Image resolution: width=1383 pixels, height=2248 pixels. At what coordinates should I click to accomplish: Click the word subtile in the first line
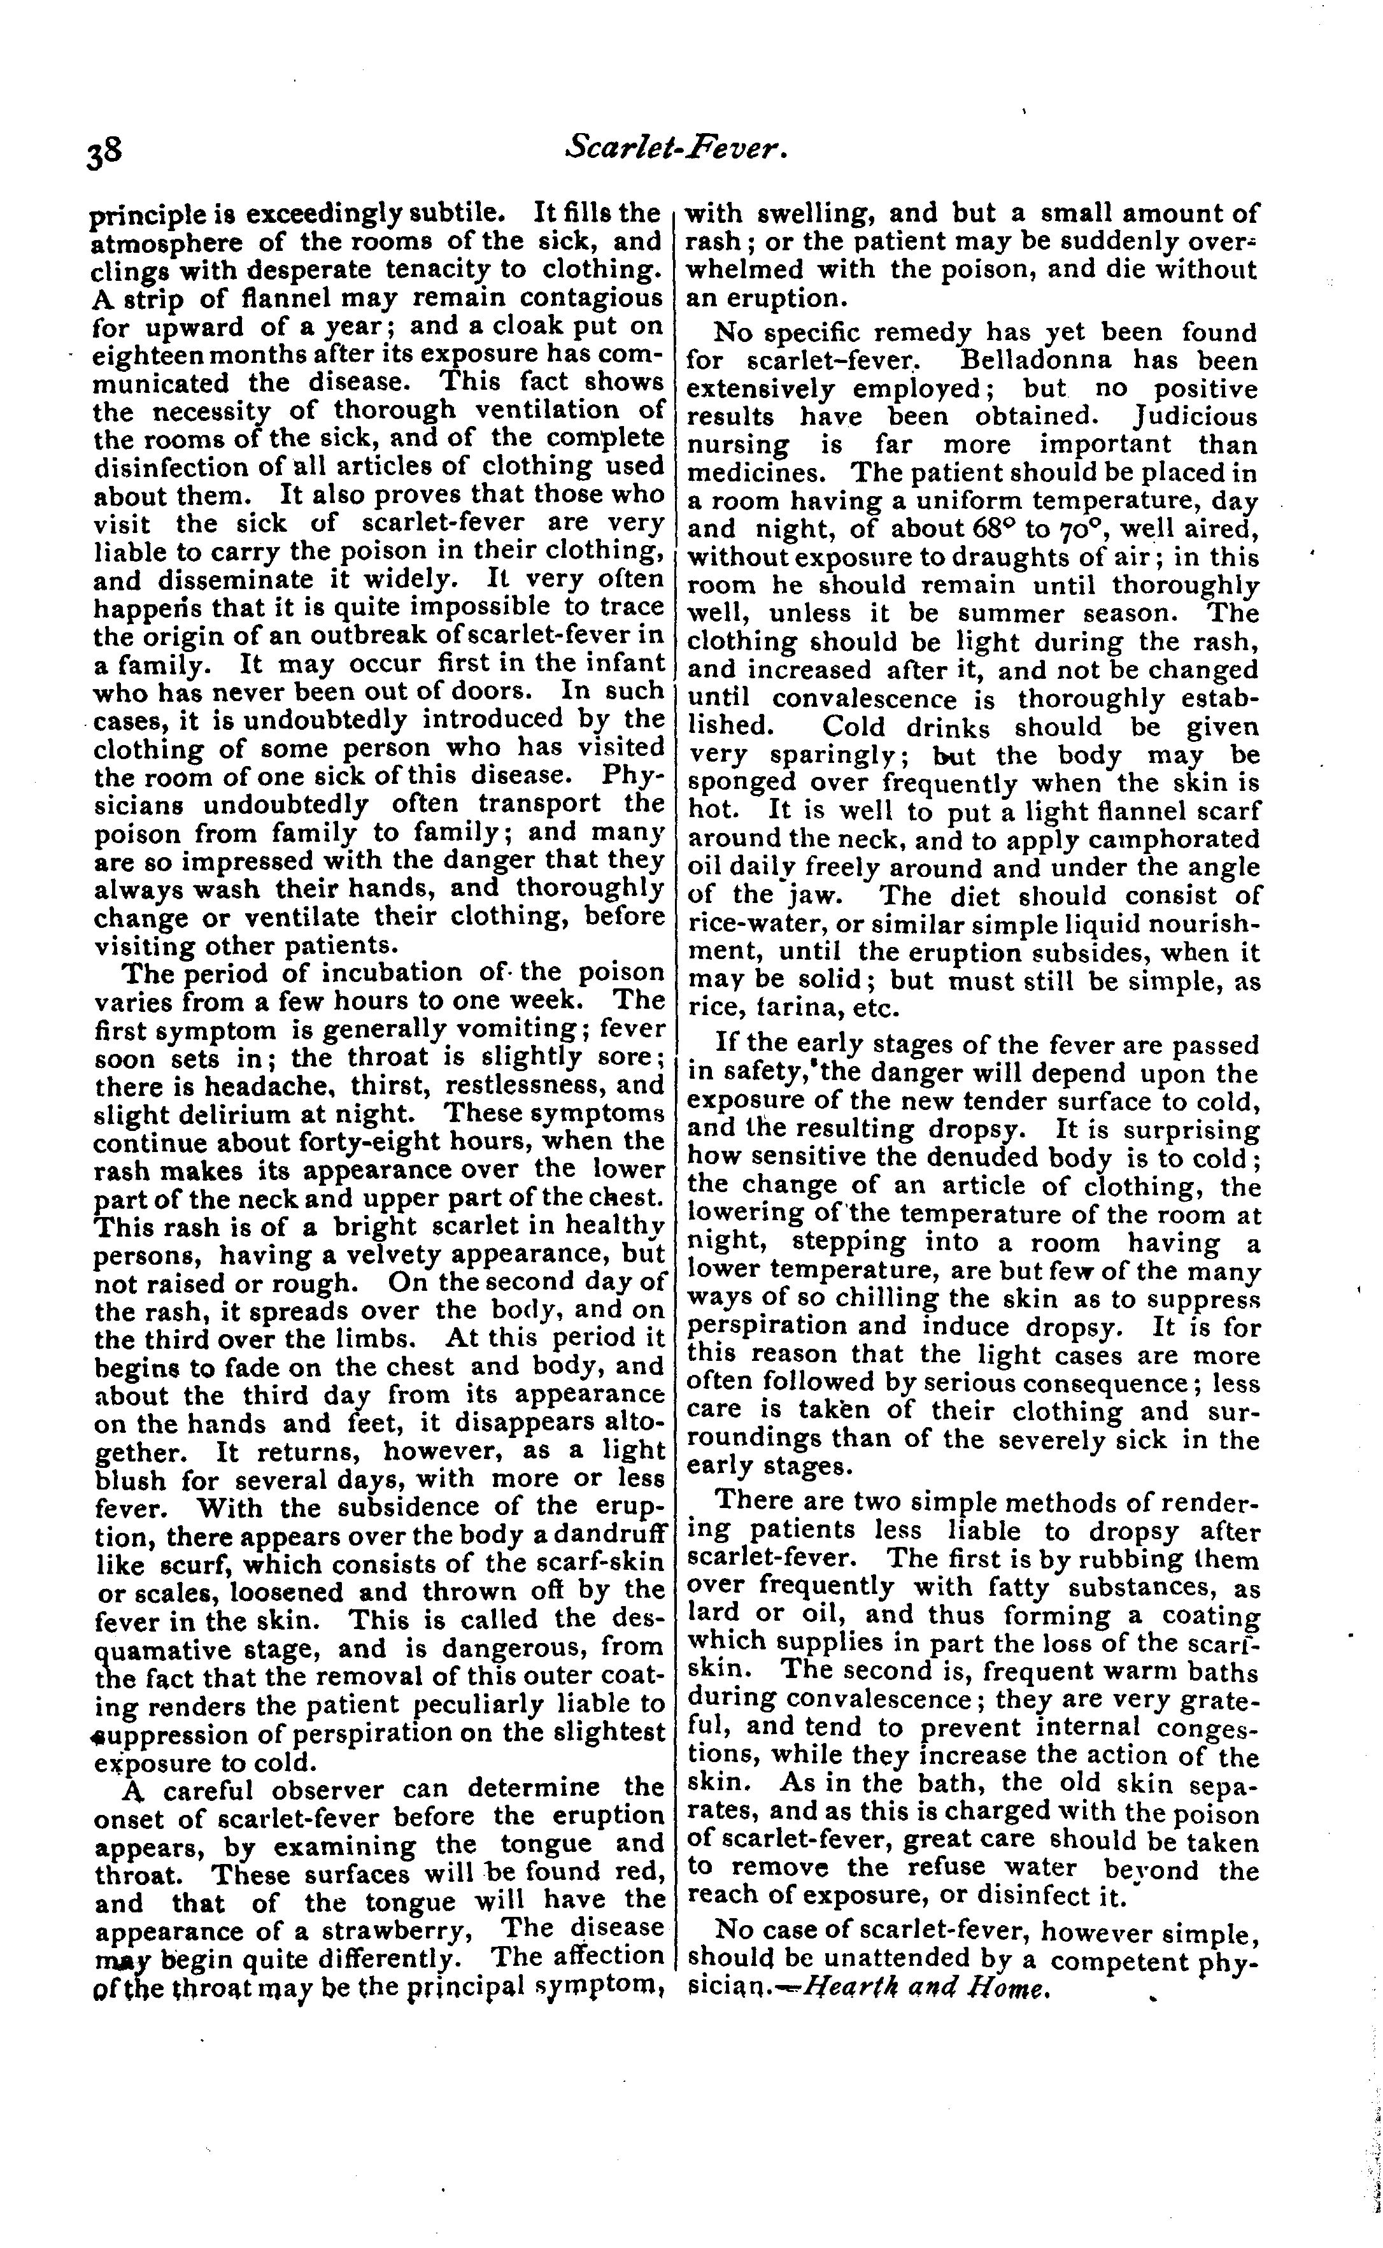click(x=453, y=214)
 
